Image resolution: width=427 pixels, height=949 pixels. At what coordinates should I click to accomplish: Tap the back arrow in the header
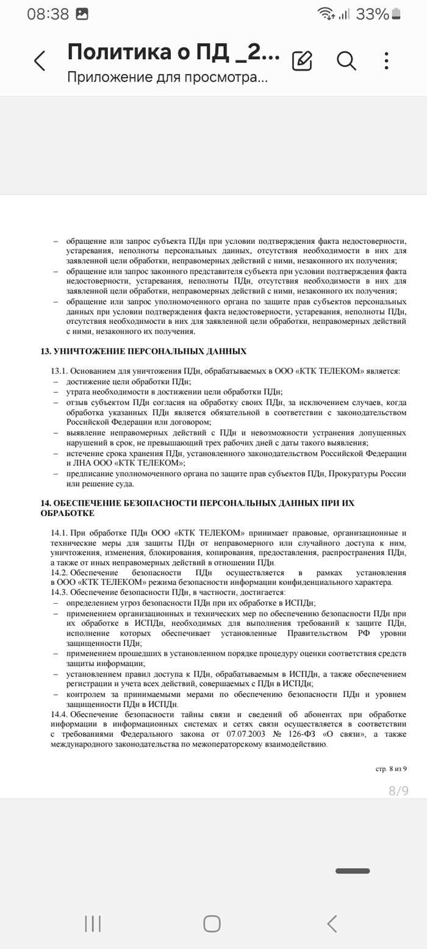[40, 61]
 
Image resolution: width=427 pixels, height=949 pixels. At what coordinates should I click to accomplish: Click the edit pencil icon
[302, 60]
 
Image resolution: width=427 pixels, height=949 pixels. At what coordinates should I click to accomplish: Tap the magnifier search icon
[346, 60]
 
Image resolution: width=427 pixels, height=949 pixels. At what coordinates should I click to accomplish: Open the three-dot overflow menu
[387, 60]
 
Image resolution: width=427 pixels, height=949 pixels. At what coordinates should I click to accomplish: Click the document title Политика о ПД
[173, 52]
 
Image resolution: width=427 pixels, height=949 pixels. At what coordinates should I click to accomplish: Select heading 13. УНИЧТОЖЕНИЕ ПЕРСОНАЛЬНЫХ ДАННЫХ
[143, 351]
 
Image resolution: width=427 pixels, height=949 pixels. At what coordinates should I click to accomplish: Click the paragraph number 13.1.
[59, 371]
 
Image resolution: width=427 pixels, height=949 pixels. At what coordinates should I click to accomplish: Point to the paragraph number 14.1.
[59, 533]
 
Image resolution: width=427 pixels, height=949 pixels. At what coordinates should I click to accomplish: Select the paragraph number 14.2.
[59, 573]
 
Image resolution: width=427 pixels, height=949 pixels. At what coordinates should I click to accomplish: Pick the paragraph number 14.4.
[59, 715]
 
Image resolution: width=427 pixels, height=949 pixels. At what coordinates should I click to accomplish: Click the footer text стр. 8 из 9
[390, 769]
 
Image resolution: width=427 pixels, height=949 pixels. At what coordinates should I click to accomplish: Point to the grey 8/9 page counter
[398, 791]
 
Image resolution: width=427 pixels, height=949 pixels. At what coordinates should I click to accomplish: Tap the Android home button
[212, 923]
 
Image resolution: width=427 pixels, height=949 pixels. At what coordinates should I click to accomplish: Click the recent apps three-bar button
[93, 923]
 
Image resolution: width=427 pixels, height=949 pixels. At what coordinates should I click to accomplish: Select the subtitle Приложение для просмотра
[167, 77]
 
